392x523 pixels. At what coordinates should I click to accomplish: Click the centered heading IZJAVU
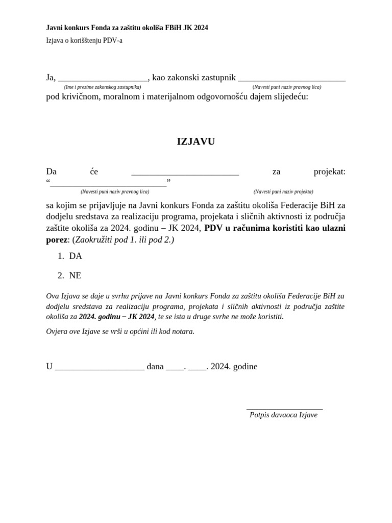[195, 142]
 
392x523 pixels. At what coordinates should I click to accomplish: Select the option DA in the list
[76, 256]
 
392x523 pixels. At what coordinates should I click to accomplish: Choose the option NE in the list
[75, 276]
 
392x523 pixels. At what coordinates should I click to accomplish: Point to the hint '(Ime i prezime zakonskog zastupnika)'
[103, 87]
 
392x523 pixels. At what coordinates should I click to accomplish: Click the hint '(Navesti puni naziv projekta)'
[283, 192]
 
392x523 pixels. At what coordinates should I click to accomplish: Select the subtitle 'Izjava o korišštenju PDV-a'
[84, 41]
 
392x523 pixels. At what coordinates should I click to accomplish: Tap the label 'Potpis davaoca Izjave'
[283, 415]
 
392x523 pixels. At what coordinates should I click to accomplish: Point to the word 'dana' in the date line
[155, 367]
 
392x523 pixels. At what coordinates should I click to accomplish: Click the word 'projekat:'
[329, 172]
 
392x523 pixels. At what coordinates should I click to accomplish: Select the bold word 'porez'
[57, 240]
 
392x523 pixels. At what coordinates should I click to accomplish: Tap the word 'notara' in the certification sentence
[183, 331]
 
